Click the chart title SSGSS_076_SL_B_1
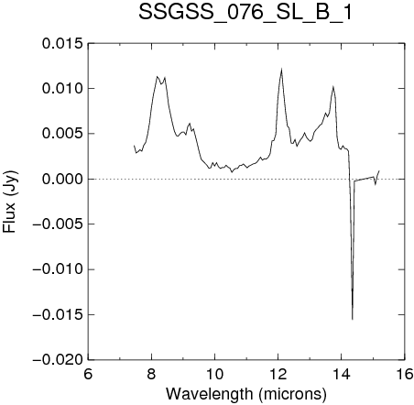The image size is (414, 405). pos(245,14)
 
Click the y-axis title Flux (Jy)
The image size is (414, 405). pos(9,202)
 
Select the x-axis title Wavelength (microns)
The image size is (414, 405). pos(246,394)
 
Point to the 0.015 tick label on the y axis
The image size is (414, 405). pos(62,44)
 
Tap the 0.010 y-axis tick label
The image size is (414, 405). pos(62,89)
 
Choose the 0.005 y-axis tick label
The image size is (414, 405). pos(62,134)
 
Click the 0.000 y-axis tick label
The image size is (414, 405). pos(62,179)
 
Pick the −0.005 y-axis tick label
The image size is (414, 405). pos(58,224)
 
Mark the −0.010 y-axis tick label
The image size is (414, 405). pos(58,269)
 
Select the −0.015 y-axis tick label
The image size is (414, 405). pos(58,314)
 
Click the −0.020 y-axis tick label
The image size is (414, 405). pos(58,360)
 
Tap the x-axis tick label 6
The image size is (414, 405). pos(88,374)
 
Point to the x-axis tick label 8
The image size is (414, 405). pos(151,374)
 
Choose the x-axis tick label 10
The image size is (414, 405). pos(214,374)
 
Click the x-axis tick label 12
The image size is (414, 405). pos(278,374)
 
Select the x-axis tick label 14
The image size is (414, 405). pos(342,374)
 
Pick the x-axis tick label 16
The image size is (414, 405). pos(405,374)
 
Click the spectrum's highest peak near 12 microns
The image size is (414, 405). pos(281,70)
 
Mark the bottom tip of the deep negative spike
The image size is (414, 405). pos(353,320)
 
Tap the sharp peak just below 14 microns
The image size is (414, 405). pos(333,86)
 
